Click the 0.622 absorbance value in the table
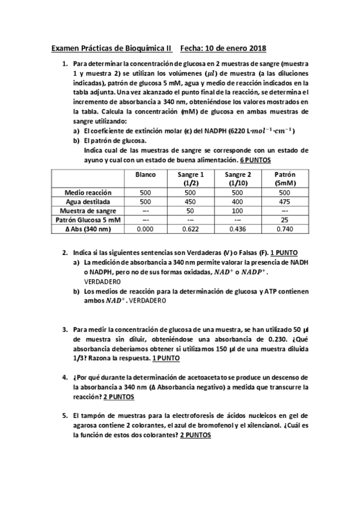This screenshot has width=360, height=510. [x=192, y=229]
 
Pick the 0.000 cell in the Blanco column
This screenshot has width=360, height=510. [x=145, y=229]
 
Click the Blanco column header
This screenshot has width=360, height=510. [x=145, y=174]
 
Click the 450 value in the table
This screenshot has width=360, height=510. [x=192, y=202]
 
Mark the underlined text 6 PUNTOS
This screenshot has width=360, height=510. [x=255, y=161]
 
